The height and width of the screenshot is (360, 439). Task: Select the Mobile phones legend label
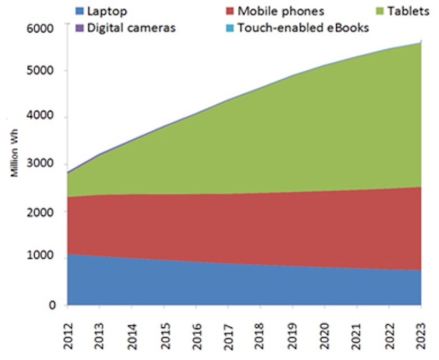pyautogui.click(x=281, y=11)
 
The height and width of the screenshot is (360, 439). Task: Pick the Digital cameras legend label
pyautogui.click(x=131, y=28)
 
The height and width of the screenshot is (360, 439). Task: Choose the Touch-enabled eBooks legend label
pyautogui.click(x=303, y=28)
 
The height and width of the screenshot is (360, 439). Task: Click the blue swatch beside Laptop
pyautogui.click(x=79, y=11)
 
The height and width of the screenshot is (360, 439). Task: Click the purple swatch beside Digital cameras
pyautogui.click(x=79, y=28)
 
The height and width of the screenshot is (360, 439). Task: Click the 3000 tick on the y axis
pyautogui.click(x=46, y=165)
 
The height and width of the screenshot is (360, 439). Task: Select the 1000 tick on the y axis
pyautogui.click(x=46, y=257)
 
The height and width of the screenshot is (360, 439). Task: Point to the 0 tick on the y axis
pyautogui.click(x=52, y=305)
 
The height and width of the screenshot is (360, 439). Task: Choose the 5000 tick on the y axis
pyautogui.click(x=46, y=71)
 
